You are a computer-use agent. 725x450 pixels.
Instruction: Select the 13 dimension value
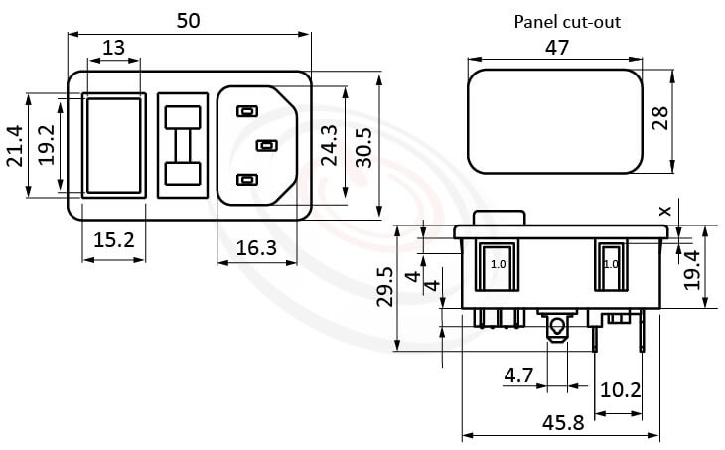point(114,48)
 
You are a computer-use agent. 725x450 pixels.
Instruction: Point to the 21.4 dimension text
point(15,147)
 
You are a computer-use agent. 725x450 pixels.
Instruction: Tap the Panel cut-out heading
point(566,21)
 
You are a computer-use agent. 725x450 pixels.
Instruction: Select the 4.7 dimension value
point(518,375)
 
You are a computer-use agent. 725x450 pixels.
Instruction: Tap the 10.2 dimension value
point(621,390)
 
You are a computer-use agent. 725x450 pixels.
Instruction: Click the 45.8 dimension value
point(563,421)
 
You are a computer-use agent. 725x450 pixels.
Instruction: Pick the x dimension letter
point(664,210)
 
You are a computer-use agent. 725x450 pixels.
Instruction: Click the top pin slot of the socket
point(245,111)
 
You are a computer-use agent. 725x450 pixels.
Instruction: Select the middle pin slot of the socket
point(265,146)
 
